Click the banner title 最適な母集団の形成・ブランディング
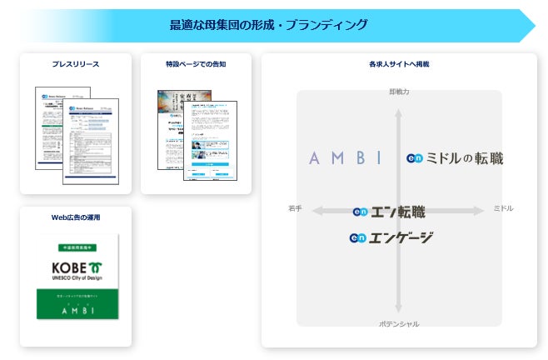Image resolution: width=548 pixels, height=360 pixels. [267, 25]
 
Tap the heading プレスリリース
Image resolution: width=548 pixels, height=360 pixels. [75, 63]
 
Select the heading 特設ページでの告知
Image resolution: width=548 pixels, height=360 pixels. [196, 63]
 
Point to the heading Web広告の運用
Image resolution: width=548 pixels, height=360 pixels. [76, 217]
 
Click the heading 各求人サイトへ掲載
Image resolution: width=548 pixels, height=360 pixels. [399, 63]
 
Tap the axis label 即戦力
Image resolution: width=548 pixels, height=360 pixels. [399, 91]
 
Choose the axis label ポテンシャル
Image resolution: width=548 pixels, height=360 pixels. [399, 323]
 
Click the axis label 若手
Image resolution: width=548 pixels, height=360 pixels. [295, 207]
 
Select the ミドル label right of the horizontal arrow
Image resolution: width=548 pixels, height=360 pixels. [503, 207]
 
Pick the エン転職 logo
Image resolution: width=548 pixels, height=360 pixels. [389, 212]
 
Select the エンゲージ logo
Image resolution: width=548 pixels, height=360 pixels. [391, 238]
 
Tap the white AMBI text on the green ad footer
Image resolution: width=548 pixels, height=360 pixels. [77, 310]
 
